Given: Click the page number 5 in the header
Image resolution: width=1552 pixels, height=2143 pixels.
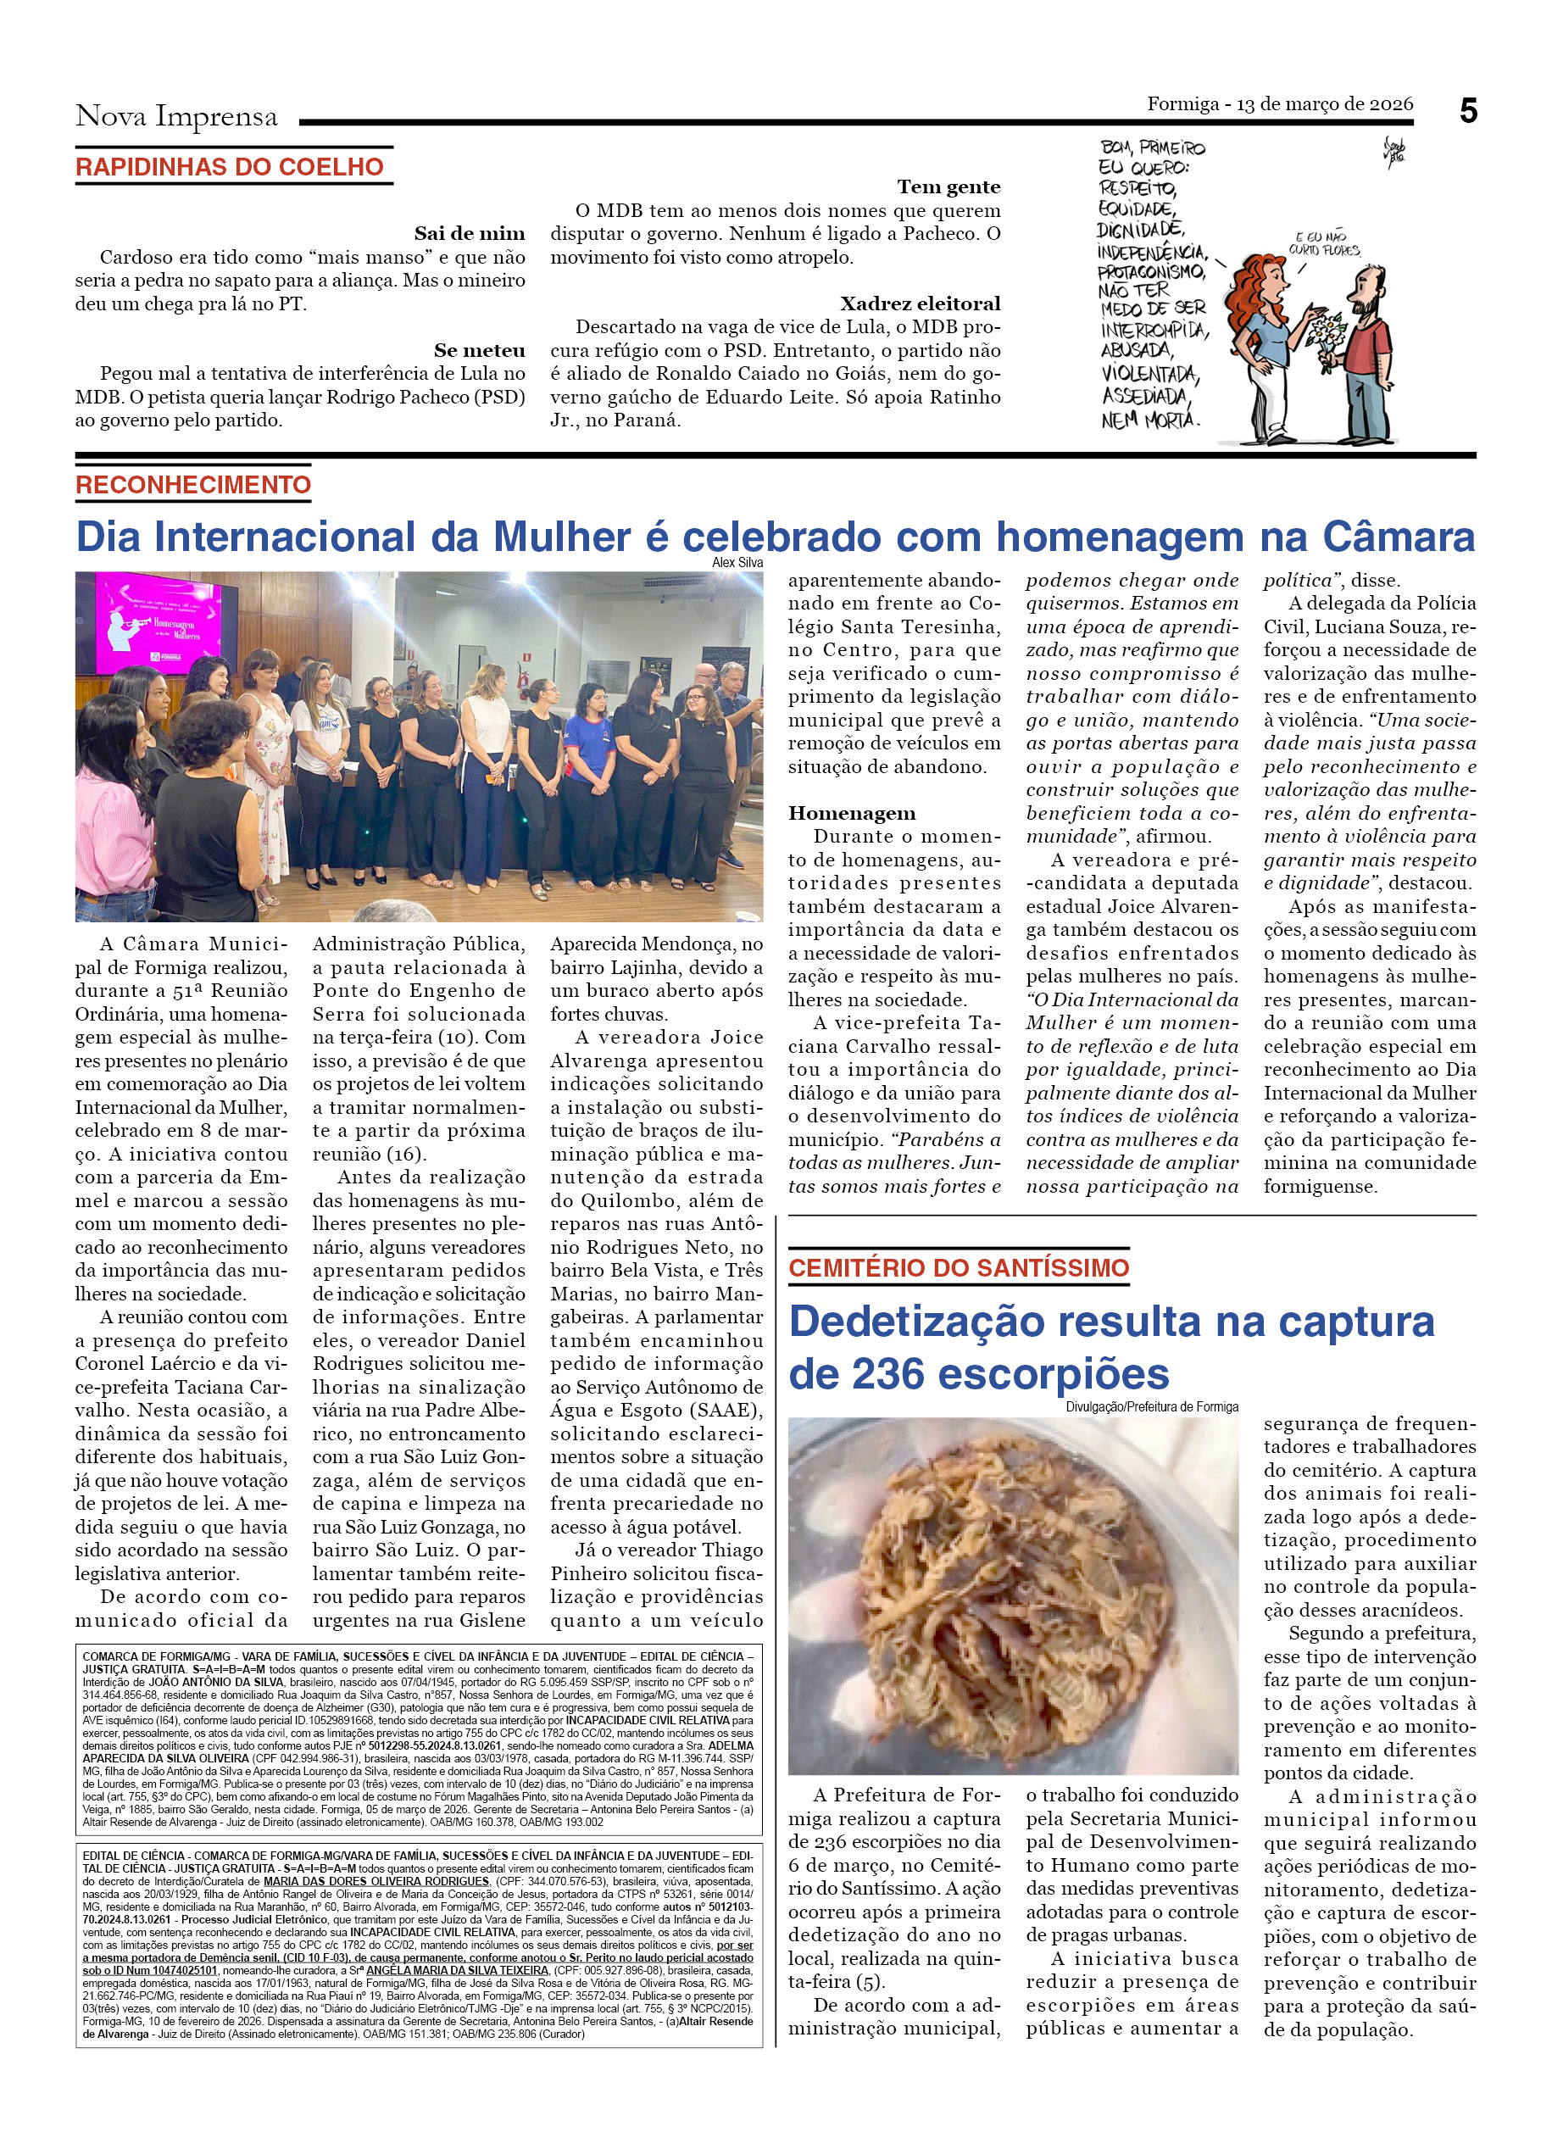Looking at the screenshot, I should (1467, 112).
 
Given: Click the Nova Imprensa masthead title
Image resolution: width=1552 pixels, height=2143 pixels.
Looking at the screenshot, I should (176, 116).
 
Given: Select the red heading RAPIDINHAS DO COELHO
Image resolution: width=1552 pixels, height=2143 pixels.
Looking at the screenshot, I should (230, 167).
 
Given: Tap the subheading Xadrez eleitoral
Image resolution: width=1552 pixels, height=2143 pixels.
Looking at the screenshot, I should (919, 303).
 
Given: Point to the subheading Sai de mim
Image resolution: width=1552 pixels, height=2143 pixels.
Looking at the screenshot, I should (469, 233).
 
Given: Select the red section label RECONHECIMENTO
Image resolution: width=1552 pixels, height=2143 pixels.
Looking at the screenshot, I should (192, 485).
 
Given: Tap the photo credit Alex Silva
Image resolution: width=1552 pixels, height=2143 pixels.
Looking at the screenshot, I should (737, 563).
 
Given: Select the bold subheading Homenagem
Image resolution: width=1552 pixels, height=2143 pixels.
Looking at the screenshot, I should (852, 814).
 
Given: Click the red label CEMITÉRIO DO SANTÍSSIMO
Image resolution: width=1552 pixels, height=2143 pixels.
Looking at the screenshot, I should (959, 1268).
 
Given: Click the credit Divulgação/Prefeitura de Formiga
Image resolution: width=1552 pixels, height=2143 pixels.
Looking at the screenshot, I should (1151, 1407).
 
